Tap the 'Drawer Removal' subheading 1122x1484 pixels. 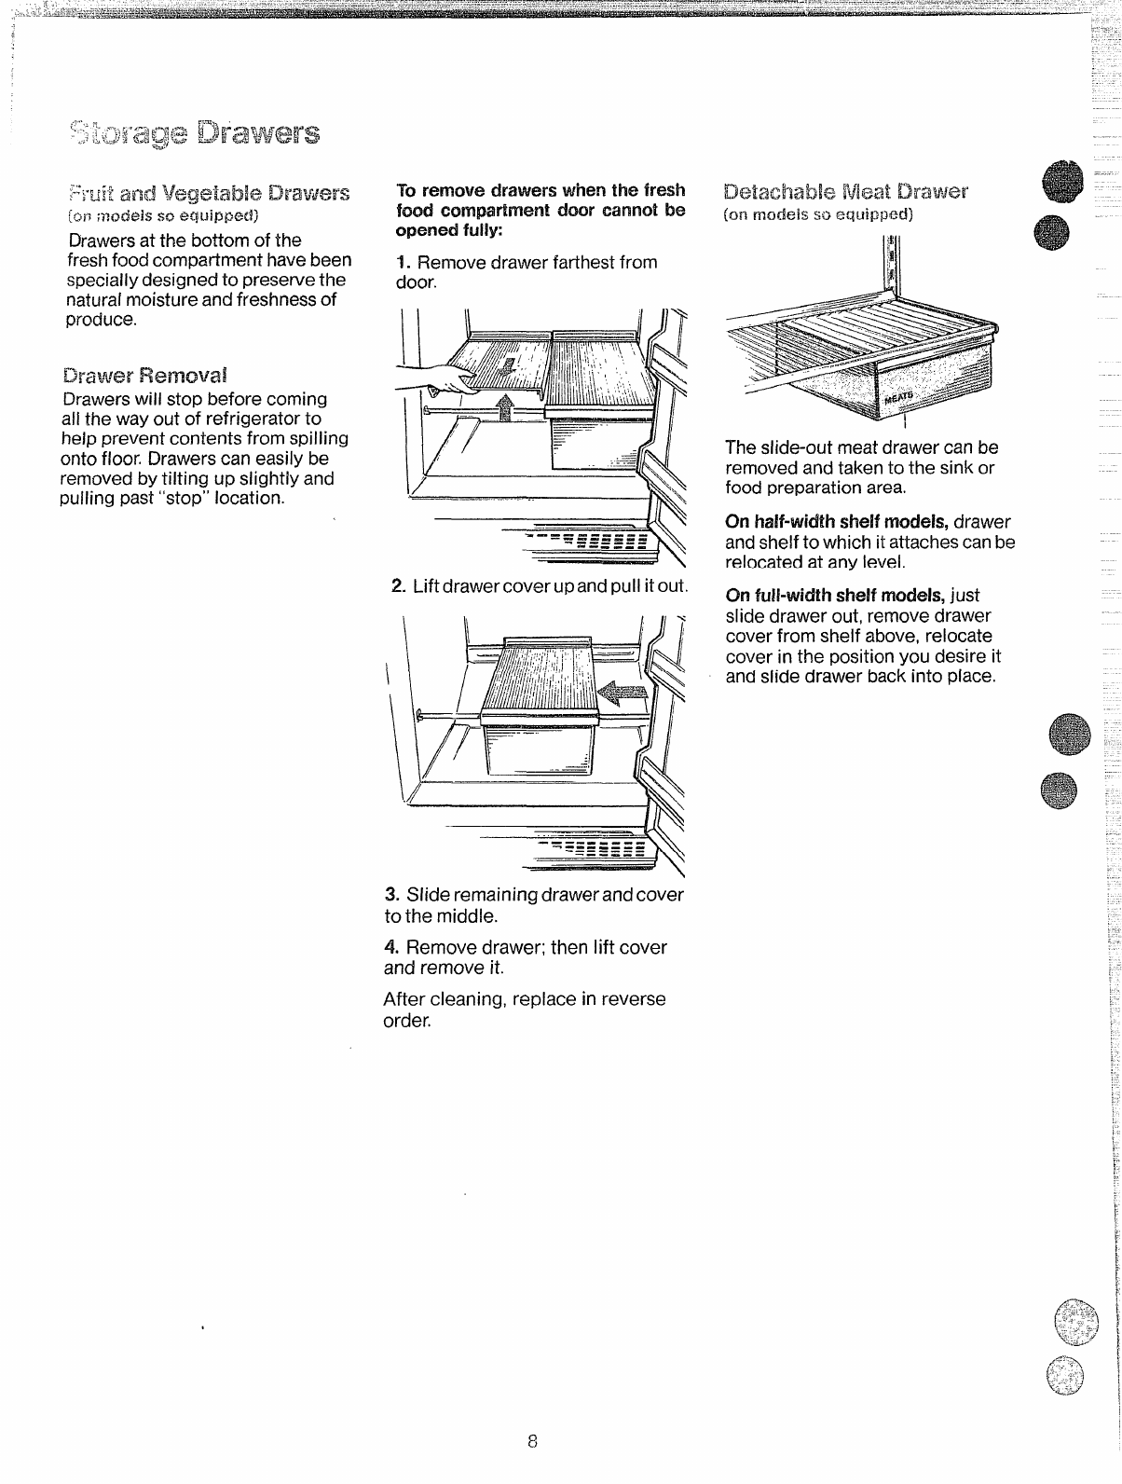pyautogui.click(x=144, y=376)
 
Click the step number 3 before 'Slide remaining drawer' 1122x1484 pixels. pyautogui.click(x=391, y=895)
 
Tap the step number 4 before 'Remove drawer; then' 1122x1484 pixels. pyautogui.click(x=391, y=947)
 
